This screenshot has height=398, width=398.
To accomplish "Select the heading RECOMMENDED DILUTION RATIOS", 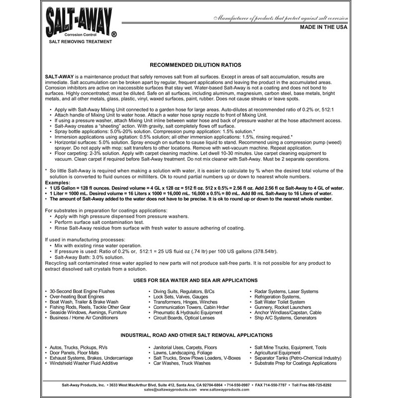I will point(196,65).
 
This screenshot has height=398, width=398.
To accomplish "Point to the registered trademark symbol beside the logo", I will point(114,35).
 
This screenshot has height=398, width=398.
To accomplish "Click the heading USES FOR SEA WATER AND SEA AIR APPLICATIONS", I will point(196,280).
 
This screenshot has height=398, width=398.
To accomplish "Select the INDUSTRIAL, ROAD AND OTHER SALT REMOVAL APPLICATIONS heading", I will point(196,335).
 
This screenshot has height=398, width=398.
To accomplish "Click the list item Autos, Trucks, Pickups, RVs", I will point(78,346).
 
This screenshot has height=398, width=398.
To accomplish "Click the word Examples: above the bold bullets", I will point(58,183).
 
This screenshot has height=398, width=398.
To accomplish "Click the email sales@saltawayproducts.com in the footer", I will point(160,391).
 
